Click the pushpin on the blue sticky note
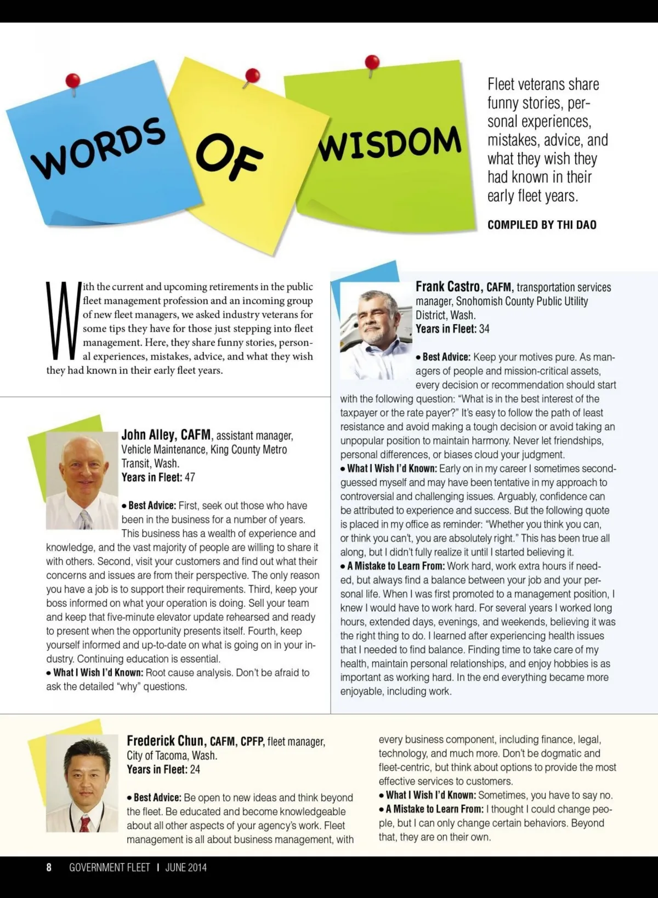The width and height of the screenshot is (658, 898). tap(73, 81)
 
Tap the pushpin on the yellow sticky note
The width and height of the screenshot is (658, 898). tap(252, 76)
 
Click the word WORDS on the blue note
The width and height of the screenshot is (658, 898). tap(99, 147)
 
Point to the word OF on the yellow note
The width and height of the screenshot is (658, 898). tap(230, 156)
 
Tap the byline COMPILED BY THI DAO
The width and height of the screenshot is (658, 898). tap(542, 225)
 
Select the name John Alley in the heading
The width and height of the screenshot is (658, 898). tap(149, 435)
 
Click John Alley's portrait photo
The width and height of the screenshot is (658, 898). tap(82, 481)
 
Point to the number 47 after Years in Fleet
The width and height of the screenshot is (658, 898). tap(190, 478)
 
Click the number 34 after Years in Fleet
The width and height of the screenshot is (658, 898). tap(484, 329)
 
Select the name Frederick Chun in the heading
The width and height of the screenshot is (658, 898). tap(165, 741)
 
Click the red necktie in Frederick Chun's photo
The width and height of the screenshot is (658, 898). tap(85, 823)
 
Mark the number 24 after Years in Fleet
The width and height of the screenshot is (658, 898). tap(195, 770)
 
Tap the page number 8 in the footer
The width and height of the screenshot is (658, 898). tap(49, 867)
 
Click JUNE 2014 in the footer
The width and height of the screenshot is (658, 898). tap(186, 867)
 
